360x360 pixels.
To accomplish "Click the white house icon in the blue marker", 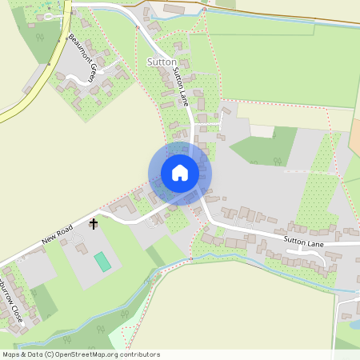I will pos(179,173).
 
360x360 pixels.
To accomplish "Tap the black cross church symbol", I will pos(94,224).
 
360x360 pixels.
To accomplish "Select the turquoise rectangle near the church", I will pos(102,261).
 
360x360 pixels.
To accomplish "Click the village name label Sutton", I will pos(162,62).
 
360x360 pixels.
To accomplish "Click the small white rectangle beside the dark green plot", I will pos(261,131).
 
